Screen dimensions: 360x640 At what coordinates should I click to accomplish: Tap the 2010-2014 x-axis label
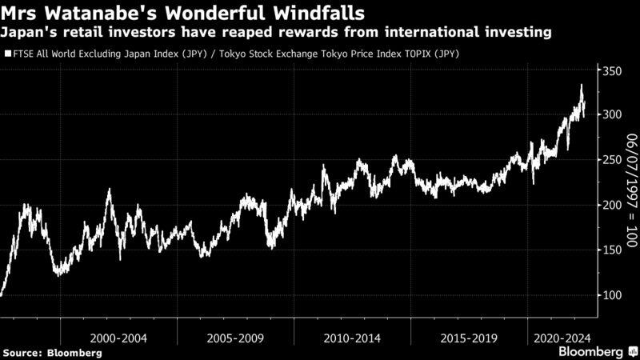352,337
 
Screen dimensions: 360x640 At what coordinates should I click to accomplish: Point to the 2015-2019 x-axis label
468,337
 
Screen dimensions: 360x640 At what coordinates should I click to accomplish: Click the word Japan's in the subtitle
26,32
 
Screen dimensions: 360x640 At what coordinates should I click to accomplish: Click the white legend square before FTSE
7,54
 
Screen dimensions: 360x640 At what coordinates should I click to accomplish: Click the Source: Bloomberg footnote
52,353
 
